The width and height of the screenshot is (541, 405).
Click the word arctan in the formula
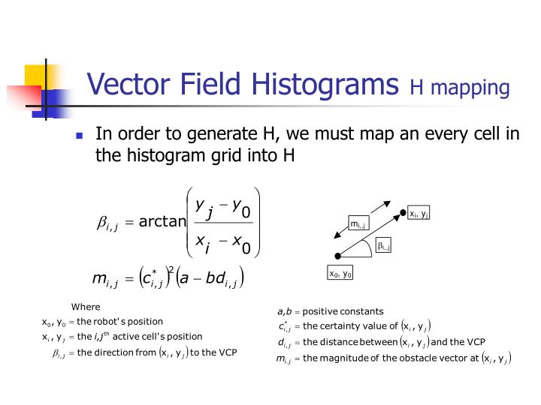point(162,220)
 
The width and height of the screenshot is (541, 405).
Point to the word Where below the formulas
point(86,307)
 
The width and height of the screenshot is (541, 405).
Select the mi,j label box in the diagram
point(357,223)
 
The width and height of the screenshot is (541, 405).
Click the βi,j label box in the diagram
point(383,246)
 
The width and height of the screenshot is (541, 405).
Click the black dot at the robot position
point(339,256)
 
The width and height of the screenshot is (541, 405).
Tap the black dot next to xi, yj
point(403,213)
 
